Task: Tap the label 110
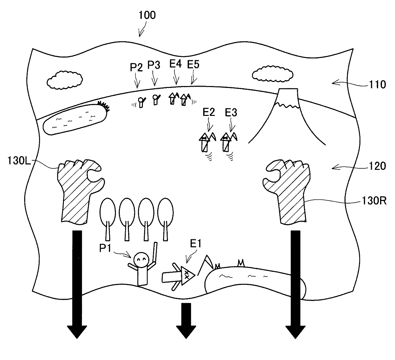(x=378, y=84)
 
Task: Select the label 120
(x=378, y=166)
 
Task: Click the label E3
(x=231, y=112)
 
